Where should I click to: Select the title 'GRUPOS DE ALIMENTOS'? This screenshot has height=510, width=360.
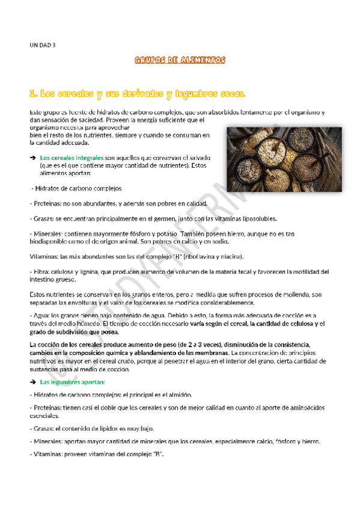pos(180,60)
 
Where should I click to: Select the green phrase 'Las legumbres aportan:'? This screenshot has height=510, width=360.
pos(72,381)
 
